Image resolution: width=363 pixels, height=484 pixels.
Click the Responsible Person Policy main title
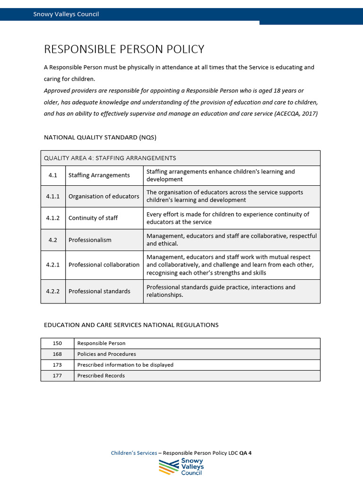[124, 49]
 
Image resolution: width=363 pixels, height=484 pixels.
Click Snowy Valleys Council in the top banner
[66, 14]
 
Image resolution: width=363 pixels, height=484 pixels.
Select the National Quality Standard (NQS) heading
[100, 138]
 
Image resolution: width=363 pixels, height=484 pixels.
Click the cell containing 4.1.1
[53, 196]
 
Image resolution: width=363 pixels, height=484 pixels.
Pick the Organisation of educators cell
[104, 196]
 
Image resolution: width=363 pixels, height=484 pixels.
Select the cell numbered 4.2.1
[53, 265]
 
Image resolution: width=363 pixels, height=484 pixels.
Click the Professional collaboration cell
[104, 265]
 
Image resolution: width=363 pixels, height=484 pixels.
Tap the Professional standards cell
[99, 291]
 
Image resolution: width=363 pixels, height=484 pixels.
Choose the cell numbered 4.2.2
[53, 291]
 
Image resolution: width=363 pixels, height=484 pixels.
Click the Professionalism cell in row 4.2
[90, 240]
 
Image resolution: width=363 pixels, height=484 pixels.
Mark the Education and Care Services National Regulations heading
[131, 325]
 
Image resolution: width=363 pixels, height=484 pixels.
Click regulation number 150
[57, 343]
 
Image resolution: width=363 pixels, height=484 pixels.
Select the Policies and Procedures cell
[106, 354]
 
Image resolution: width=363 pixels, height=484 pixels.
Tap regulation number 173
[57, 365]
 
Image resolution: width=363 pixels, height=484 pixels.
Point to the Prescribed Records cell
[101, 376]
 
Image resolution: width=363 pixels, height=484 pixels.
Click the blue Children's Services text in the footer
[134, 453]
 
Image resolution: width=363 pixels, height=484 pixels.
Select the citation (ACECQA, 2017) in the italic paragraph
[296, 113]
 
